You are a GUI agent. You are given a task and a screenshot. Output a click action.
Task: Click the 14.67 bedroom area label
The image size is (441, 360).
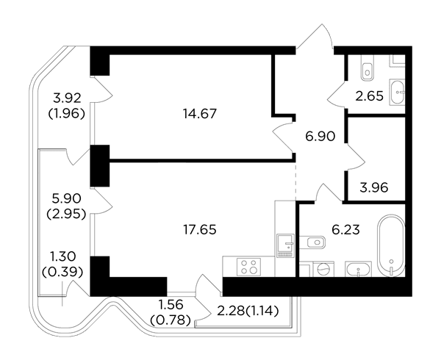[x=200, y=114]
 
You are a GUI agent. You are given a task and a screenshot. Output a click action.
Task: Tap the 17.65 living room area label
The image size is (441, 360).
[x=200, y=230]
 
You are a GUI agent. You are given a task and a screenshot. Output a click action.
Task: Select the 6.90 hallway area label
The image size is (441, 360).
[x=320, y=137]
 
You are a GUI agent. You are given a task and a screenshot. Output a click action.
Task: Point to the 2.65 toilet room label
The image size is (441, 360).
[x=369, y=96]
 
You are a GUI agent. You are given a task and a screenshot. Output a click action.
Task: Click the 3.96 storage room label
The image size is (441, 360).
[x=374, y=187]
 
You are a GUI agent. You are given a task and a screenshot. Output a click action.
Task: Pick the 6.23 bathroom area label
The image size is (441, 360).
[x=345, y=230]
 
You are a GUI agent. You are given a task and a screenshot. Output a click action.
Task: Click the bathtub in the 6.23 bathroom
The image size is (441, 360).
[x=391, y=245]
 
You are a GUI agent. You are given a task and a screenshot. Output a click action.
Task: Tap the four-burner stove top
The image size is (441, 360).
[x=249, y=266]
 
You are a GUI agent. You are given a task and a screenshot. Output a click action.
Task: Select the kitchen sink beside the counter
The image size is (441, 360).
[x=285, y=245]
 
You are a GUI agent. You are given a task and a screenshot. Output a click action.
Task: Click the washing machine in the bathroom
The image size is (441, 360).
[x=323, y=269]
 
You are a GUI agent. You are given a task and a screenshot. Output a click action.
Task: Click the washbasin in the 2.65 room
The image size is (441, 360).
[x=397, y=92]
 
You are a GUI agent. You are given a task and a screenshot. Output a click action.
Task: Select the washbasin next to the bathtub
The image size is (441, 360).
[x=359, y=269]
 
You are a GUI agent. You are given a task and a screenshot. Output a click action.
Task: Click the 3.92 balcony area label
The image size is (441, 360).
[x=67, y=98]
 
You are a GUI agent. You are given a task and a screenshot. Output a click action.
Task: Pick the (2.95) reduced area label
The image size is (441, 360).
[x=66, y=215]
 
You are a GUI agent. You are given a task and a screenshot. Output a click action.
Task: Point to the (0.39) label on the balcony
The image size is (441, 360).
[x=62, y=272]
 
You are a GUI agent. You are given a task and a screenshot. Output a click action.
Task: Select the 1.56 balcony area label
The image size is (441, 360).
[x=171, y=304]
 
